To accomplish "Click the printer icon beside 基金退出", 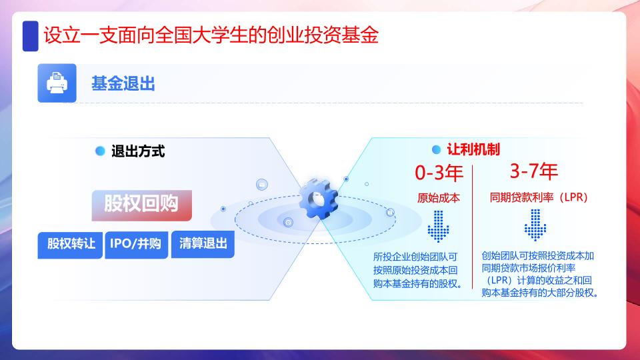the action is click(x=57, y=83).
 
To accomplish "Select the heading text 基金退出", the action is click(x=123, y=84).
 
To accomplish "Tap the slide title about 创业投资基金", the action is click(x=211, y=35).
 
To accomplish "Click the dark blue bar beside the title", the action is click(x=30, y=36).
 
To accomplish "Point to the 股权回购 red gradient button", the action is click(x=141, y=205).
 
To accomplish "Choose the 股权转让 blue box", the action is click(x=70, y=245).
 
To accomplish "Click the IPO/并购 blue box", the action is click(x=136, y=245).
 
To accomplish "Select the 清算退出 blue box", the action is click(x=203, y=244).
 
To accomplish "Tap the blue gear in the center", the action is click(x=319, y=199).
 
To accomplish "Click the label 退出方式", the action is click(x=138, y=151).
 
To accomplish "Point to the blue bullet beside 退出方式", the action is click(x=100, y=151).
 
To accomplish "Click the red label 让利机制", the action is click(x=473, y=149).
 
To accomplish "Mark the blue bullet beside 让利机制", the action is click(x=436, y=150).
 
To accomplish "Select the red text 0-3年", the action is click(x=439, y=173).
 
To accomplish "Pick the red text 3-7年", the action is click(x=534, y=171).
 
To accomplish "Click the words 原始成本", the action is click(x=439, y=198).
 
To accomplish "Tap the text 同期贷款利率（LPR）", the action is click(x=539, y=197).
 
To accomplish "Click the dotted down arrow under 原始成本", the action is click(x=439, y=226).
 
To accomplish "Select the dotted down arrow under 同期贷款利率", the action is click(x=535, y=225).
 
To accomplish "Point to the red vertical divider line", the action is click(x=472, y=227).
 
